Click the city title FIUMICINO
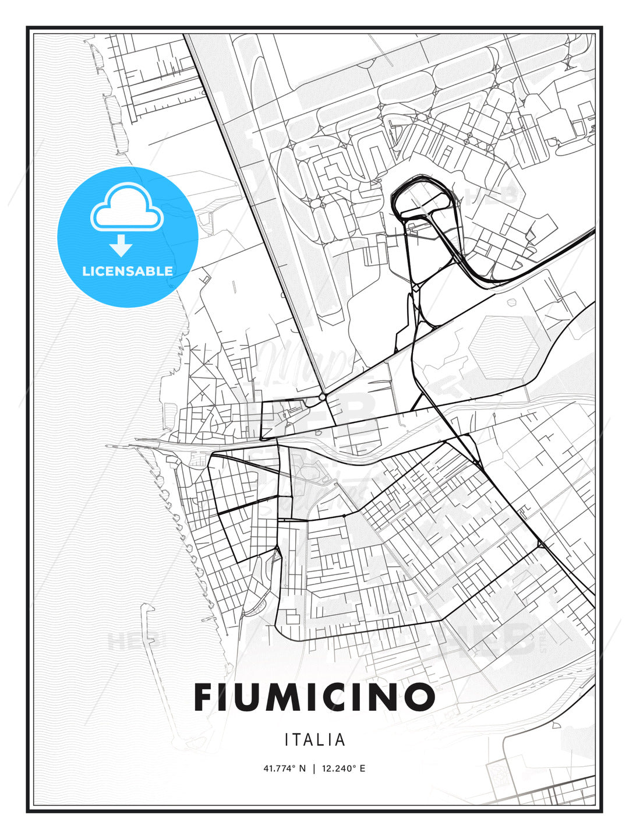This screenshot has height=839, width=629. click(x=314, y=697)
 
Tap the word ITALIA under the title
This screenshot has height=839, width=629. click(x=315, y=740)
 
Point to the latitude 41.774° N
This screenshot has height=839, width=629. click(x=284, y=769)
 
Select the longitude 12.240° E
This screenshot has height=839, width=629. click(x=344, y=769)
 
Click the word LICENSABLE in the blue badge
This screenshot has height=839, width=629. click(x=128, y=271)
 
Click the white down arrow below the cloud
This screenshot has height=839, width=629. click(x=122, y=245)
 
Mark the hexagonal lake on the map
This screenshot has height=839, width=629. click(x=501, y=349)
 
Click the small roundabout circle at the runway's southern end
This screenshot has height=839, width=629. click(x=322, y=397)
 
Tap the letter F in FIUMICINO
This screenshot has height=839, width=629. click(x=204, y=697)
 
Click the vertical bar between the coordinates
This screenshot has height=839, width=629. click(x=314, y=769)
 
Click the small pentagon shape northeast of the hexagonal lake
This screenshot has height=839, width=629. click(x=512, y=302)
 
